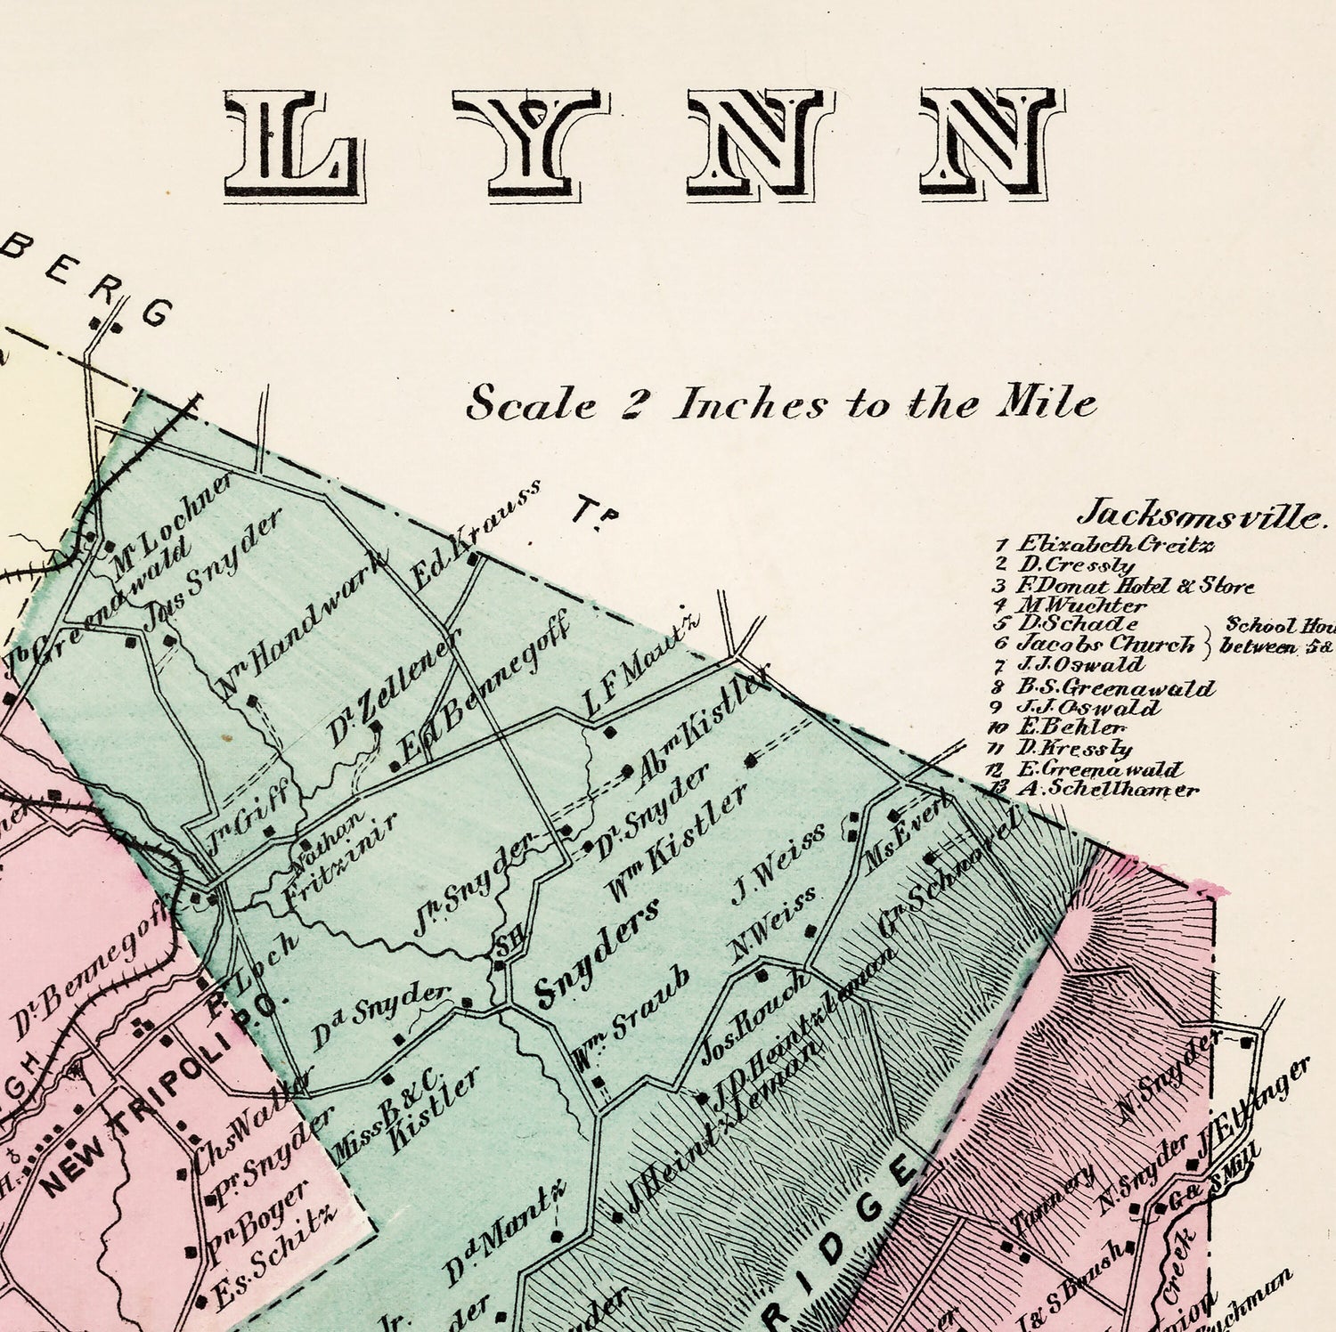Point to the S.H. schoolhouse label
point(506,949)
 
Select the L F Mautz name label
point(641,671)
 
